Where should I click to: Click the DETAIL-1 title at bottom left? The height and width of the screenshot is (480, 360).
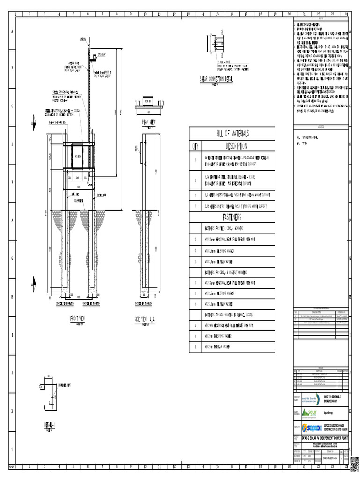(x=50, y=424)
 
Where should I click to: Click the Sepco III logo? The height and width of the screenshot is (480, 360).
(x=312, y=427)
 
